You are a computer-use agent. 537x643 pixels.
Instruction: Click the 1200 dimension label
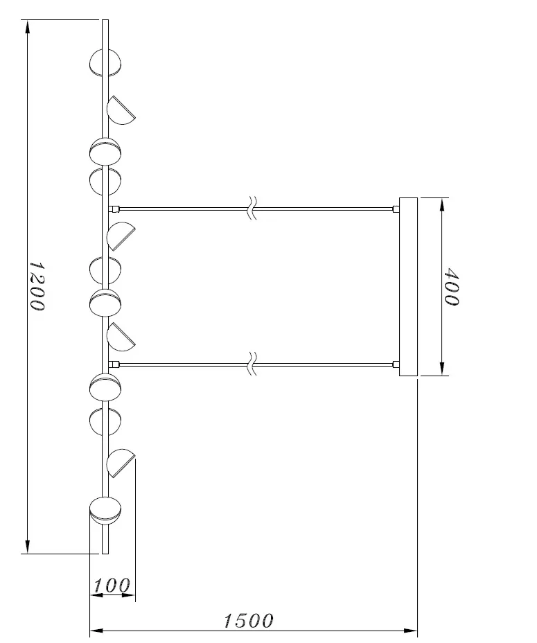pos(37,286)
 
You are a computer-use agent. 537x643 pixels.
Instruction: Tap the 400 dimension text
pos(452,287)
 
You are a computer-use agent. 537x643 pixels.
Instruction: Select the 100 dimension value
pos(112,585)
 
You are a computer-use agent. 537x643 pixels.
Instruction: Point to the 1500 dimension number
pos(249,621)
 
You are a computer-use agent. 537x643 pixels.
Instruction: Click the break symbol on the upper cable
pos(253,208)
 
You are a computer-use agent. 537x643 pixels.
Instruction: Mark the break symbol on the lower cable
pos(253,363)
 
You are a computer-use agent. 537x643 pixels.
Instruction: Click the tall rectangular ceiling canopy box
pos(408,287)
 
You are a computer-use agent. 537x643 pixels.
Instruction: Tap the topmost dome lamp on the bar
pos(105,63)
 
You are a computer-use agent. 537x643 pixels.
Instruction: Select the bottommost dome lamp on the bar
pos(105,511)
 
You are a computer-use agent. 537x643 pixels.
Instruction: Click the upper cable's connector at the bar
pos(114,209)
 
